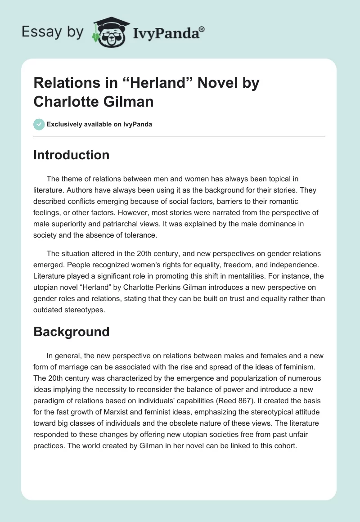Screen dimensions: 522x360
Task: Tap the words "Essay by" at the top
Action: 53,32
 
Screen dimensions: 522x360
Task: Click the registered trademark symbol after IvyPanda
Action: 202,30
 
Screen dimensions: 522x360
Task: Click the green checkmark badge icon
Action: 39,124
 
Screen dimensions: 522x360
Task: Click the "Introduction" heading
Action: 72,155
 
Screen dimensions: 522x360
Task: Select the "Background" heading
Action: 72,332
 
